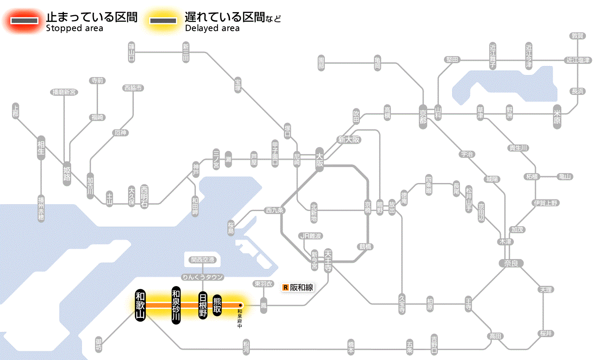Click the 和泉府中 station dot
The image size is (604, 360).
(x=241, y=305)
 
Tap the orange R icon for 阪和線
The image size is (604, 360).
(x=285, y=287)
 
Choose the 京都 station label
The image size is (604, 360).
(x=423, y=114)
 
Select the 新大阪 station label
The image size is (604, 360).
(x=349, y=139)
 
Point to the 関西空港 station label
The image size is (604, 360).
(x=202, y=260)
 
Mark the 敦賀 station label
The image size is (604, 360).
(x=578, y=36)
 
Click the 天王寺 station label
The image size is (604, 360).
(x=328, y=260)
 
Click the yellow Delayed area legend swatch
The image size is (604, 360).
(x=163, y=21)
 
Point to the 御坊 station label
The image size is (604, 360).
(x=99, y=344)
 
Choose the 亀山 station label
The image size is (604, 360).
(x=565, y=177)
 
